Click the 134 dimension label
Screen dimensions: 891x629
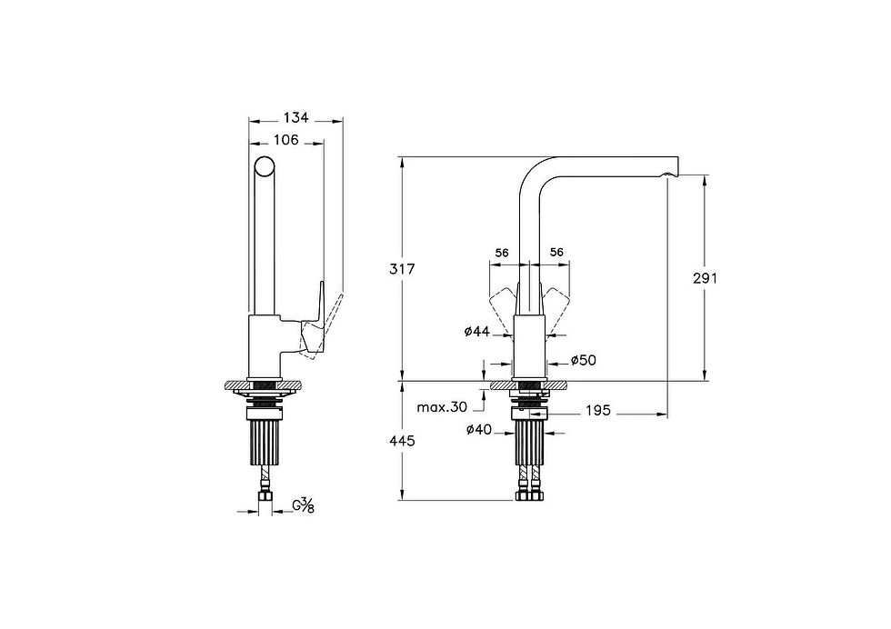pos(296,117)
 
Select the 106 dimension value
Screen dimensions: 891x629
pos(285,140)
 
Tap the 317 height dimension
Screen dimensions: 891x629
pos(402,269)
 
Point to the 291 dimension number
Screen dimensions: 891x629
pos(706,278)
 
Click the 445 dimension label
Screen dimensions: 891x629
pos(402,441)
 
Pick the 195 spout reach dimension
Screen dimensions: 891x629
pos(598,410)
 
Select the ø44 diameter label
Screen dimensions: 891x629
pos(476,331)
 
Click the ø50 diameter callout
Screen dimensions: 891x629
pos(584,360)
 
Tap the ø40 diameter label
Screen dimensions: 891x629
pos(479,430)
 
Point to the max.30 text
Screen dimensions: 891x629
pos(442,407)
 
